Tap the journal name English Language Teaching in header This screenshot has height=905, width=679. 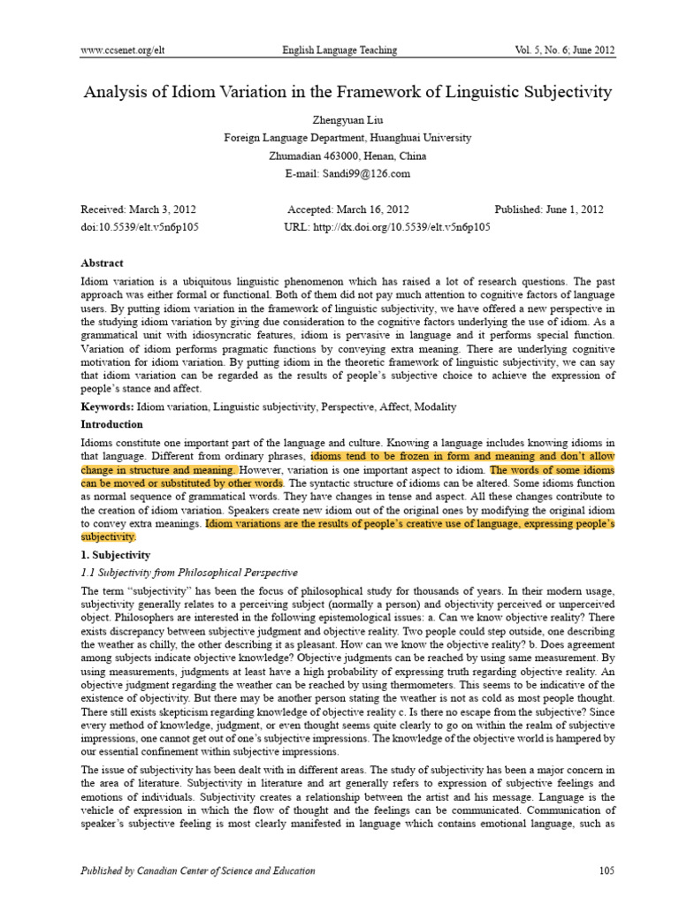[x=339, y=50]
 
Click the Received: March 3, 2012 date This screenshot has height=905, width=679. [x=138, y=209]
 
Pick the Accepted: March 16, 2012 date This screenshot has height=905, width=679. [x=348, y=209]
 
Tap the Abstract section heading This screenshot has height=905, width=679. [x=103, y=263]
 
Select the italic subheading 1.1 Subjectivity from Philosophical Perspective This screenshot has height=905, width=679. [x=189, y=573]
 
